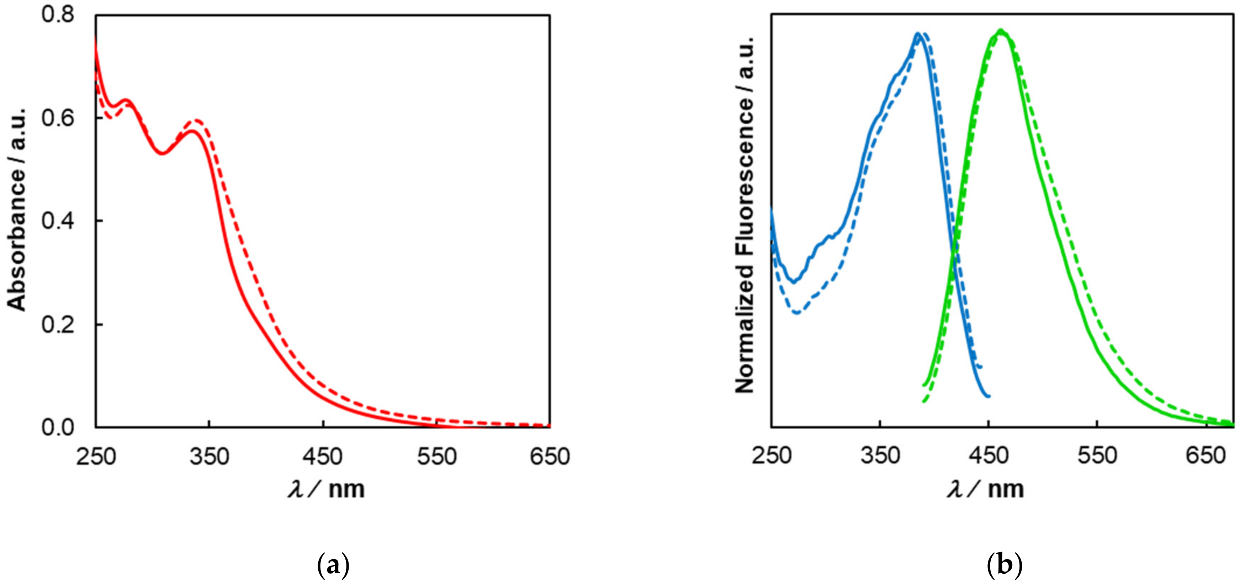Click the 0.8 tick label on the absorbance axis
pyautogui.click(x=58, y=15)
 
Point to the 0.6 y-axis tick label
pyautogui.click(x=58, y=118)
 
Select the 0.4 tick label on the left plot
pyautogui.click(x=58, y=221)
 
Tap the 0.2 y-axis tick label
pyautogui.click(x=58, y=325)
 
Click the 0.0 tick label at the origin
pyautogui.click(x=58, y=427)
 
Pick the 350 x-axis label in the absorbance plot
pyautogui.click(x=209, y=456)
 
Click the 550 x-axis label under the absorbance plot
pyautogui.click(x=436, y=456)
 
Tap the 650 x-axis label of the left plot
pyautogui.click(x=550, y=456)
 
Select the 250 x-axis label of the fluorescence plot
pyautogui.click(x=772, y=456)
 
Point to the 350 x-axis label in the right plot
pyautogui.click(x=880, y=456)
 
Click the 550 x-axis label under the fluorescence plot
pyautogui.click(x=1097, y=456)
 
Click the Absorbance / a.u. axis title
pyautogui.click(x=16, y=209)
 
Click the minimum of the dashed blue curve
pyautogui.click(x=797, y=313)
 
